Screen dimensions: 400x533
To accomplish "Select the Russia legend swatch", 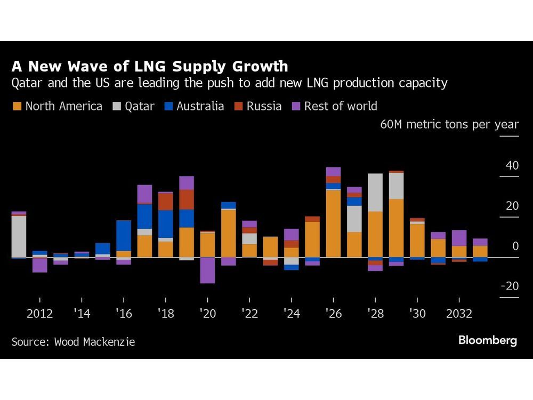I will [x=238, y=106].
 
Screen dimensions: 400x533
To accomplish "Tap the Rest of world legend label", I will [x=340, y=106].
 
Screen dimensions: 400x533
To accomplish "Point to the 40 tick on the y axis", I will [x=512, y=166].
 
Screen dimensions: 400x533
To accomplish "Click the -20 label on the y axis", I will [x=510, y=286].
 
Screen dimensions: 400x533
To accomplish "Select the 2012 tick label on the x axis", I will [x=39, y=314].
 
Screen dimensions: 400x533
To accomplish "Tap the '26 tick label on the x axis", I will [x=333, y=314].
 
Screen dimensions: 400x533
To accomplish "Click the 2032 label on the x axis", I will [x=459, y=314].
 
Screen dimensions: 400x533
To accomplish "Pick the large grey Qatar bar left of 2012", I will [x=19, y=236].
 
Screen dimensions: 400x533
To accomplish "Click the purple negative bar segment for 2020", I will [x=207, y=270].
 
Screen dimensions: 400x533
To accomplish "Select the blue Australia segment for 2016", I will [x=124, y=235].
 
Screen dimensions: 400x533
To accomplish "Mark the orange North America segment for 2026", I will [x=333, y=223].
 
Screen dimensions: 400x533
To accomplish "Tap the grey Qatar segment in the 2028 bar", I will [x=375, y=193].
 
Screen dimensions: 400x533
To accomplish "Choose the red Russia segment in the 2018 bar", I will [x=165, y=201].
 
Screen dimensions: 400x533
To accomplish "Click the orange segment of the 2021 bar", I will [x=228, y=233].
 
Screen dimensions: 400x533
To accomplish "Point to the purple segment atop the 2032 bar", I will [x=459, y=238].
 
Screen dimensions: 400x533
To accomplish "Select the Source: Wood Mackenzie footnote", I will [x=73, y=342].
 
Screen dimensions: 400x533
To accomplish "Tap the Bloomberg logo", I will [x=487, y=340].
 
